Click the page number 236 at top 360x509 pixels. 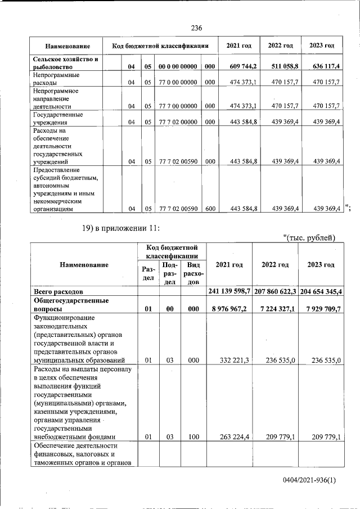point(196,28)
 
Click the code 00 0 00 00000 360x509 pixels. point(178,67)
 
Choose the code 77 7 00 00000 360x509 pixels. point(178,106)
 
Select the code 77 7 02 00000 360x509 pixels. point(178,121)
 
